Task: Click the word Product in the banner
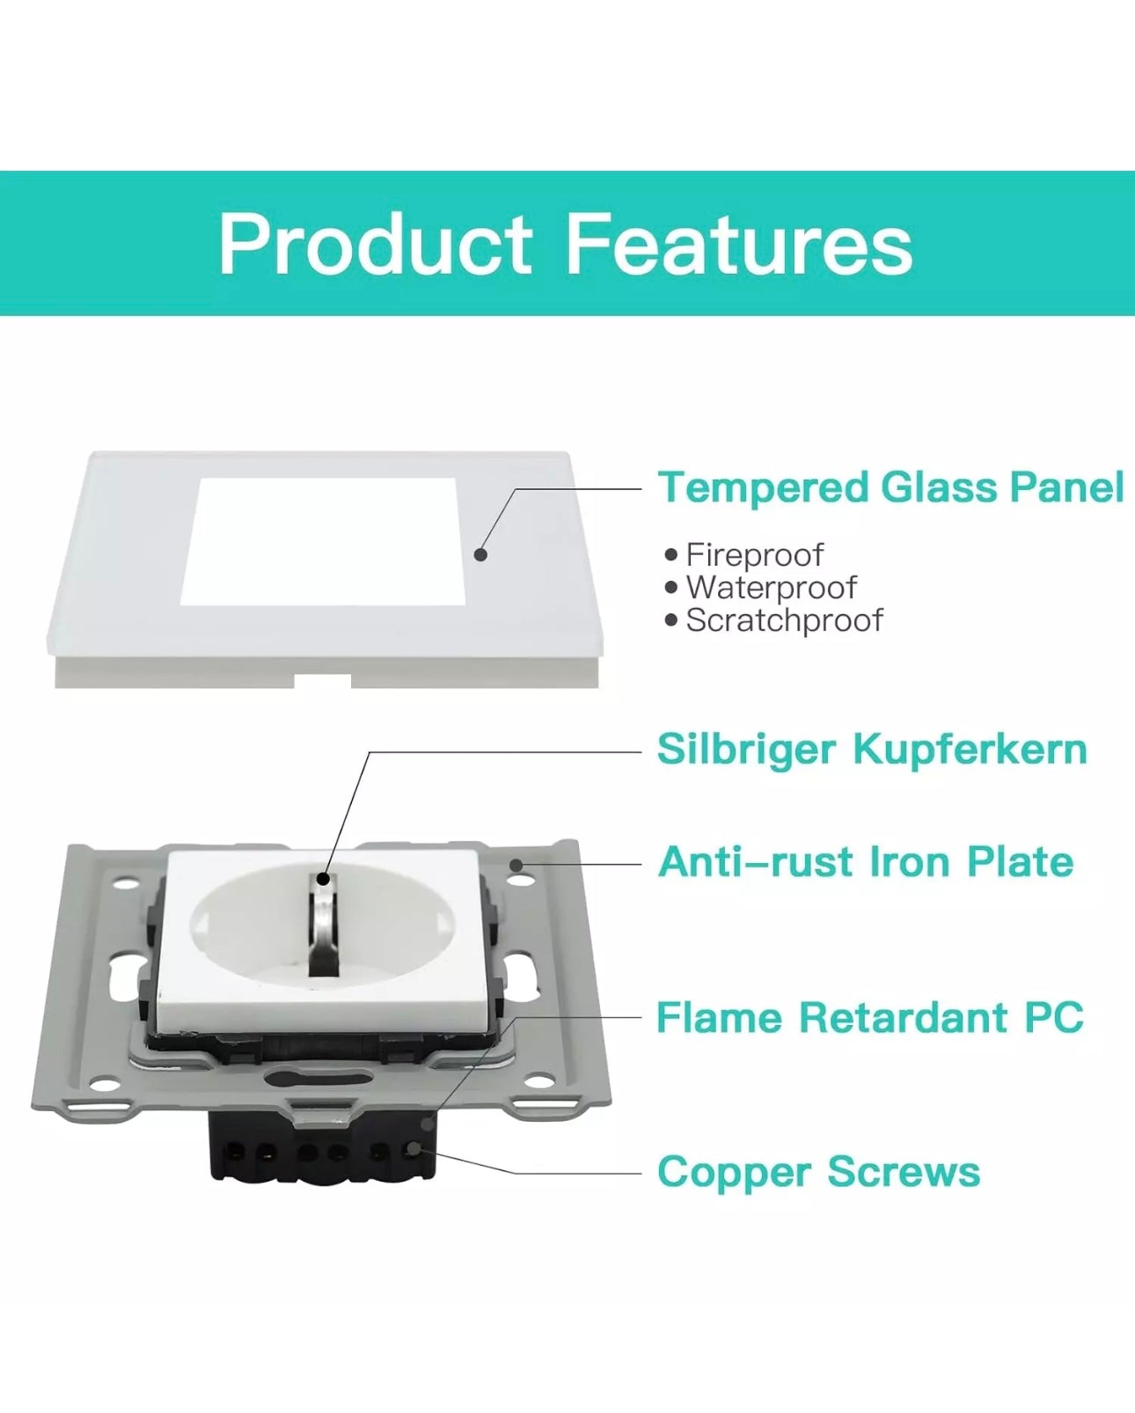375,245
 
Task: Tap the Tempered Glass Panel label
891,487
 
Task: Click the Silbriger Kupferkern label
872,750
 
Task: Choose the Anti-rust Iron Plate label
866,861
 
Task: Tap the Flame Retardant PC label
869,1018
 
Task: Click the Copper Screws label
818,1172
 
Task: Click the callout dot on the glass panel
480,554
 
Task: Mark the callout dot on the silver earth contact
323,879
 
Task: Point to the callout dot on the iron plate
517,866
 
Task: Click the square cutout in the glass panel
323,542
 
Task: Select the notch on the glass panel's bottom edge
323,681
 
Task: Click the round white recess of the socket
322,926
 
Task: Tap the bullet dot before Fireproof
670,555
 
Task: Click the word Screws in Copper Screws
904,1172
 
